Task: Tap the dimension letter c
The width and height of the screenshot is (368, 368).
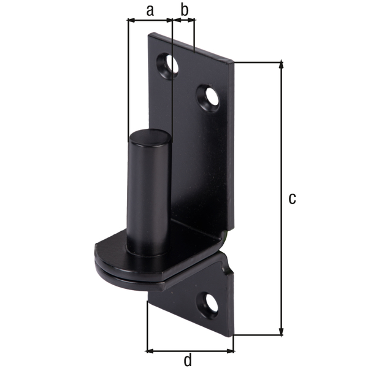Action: (x=293, y=198)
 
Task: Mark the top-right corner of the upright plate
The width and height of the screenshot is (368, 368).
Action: (x=234, y=61)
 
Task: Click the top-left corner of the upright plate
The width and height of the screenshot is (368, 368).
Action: (x=150, y=34)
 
